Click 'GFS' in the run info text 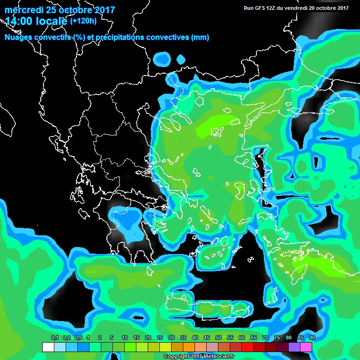tap(262, 8)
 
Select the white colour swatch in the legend tap(48, 347)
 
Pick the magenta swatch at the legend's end tap(306, 347)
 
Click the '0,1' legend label tap(54, 338)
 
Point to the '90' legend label tap(312, 338)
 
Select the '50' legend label tap(218, 338)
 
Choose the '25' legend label tap(160, 338)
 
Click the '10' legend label tap(125, 338)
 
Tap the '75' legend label tap(277, 338)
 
